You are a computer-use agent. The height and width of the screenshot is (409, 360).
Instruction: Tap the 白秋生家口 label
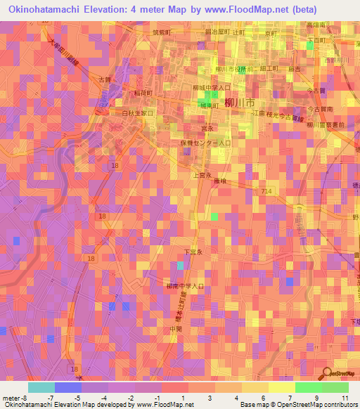click(137, 112)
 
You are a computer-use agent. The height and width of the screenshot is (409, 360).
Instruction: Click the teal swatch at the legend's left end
click(41, 387)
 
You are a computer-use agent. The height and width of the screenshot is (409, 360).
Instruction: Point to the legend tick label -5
click(82, 398)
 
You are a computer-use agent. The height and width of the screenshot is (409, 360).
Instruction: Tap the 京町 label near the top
click(262, 32)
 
